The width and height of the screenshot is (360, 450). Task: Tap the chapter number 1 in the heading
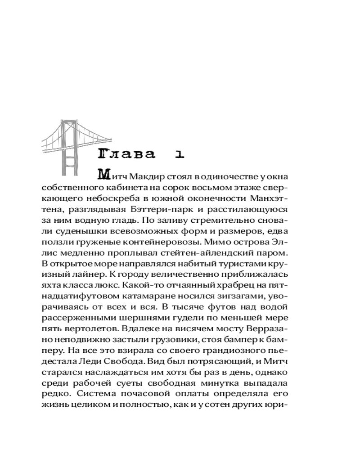click(x=180, y=154)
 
